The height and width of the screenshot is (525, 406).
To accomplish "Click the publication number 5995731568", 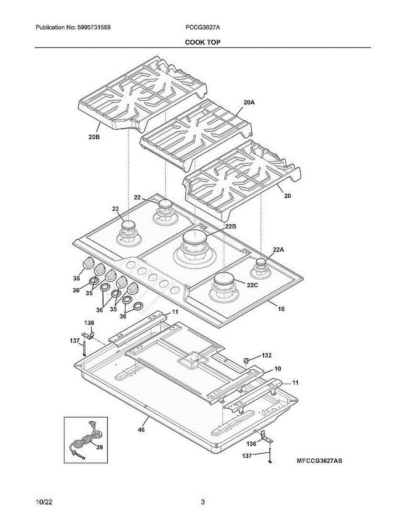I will tap(94, 28).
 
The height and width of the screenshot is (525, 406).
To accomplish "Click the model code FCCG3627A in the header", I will tap(203, 28).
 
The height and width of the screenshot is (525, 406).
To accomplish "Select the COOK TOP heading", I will tap(203, 42).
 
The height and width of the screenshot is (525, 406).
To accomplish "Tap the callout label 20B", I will tap(94, 137).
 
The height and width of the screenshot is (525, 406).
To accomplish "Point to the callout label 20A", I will tap(249, 102).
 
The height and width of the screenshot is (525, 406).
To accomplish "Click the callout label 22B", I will tap(231, 226).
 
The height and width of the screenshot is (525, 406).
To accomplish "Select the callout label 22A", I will tap(279, 250).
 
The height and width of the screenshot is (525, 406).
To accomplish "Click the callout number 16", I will tap(281, 309).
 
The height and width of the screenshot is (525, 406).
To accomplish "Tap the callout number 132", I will tap(267, 355).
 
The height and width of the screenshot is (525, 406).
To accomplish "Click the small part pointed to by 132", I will tap(246, 360).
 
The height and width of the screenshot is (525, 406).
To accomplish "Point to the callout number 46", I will tap(141, 430).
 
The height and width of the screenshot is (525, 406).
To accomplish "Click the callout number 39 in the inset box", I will tap(99, 447).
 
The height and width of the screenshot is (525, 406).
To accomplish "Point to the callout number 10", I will tap(278, 369).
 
